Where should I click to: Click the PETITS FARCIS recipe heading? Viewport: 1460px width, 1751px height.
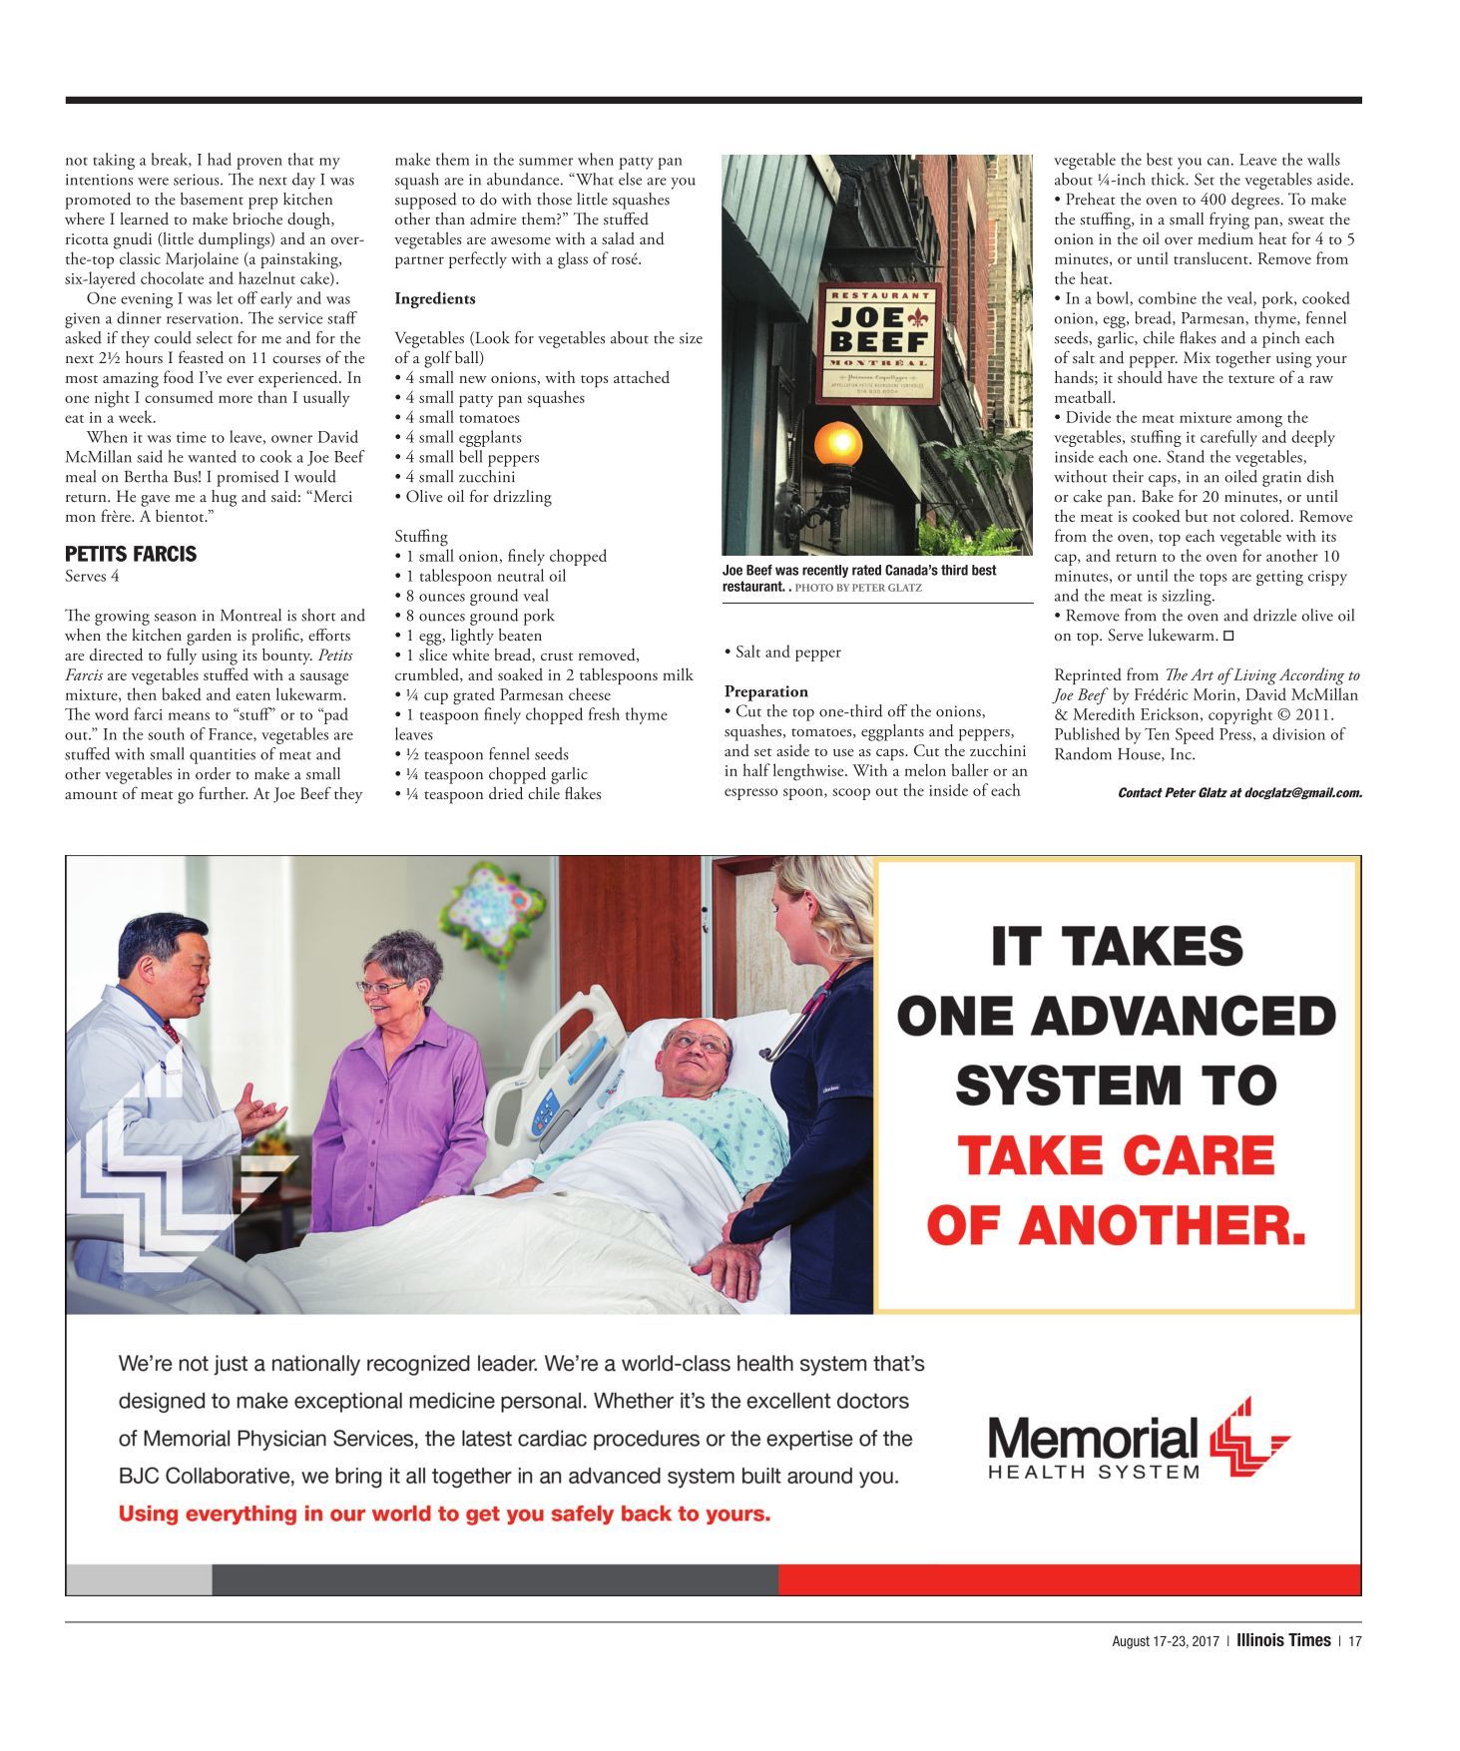pos(131,554)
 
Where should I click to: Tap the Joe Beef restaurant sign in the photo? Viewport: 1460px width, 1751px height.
pos(878,343)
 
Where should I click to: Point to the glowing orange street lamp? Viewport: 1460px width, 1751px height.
pos(838,442)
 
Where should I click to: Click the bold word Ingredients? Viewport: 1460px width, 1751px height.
pos(434,298)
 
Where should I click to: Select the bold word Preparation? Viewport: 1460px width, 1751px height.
pos(766,691)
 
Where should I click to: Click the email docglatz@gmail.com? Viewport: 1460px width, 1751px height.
pos(1303,793)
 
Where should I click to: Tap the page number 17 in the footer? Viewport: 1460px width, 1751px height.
pos(1354,1641)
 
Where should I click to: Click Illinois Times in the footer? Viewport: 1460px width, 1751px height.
pos(1283,1640)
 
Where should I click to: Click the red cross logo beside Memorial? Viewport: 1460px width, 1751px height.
pos(1248,1439)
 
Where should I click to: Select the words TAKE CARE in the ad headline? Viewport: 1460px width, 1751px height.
pos(1116,1155)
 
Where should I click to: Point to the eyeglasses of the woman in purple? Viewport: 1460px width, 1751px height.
pos(382,987)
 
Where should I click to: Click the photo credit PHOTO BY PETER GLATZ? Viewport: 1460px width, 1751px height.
pos(858,588)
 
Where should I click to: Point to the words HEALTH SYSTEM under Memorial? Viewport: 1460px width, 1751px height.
pos(1093,1472)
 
